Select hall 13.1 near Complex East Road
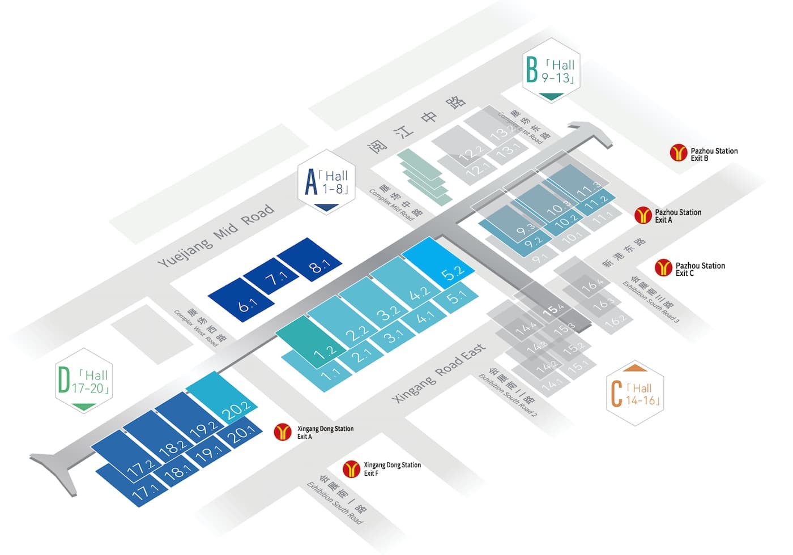coord(508,150)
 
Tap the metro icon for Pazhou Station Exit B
coord(678,152)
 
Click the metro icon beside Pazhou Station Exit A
coord(643,215)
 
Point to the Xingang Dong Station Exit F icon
coord(352,469)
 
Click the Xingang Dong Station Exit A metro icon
coord(283,432)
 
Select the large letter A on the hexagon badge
coord(311,182)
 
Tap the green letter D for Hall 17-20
coord(63,380)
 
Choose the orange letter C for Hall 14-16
coord(616,394)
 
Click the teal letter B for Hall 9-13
coord(531,70)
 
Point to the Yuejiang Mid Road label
coord(215,236)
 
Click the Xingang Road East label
coord(439,373)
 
